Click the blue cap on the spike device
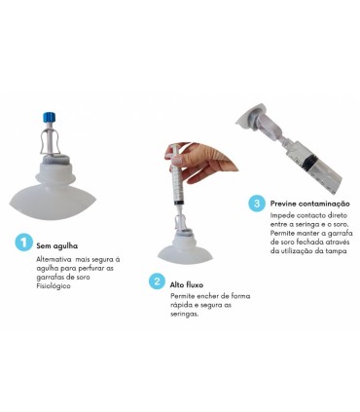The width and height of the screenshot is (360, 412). pos(50,117)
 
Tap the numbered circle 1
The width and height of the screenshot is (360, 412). pos(24,243)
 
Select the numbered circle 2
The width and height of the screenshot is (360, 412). pos(157,281)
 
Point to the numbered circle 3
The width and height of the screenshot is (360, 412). pos(257,204)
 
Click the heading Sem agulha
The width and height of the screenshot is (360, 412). pos(57,245)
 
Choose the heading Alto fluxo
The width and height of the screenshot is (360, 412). pos(187,284)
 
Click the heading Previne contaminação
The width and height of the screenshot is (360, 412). pos(310,204)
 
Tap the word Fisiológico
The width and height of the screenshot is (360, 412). pos(54,286)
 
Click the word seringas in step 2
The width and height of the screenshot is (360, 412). pos(184,315)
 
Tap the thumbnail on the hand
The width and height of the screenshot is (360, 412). pos(176,161)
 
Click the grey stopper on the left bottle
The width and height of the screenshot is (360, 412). pos(54,159)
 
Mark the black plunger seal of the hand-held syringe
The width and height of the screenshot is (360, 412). pos(178,203)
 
